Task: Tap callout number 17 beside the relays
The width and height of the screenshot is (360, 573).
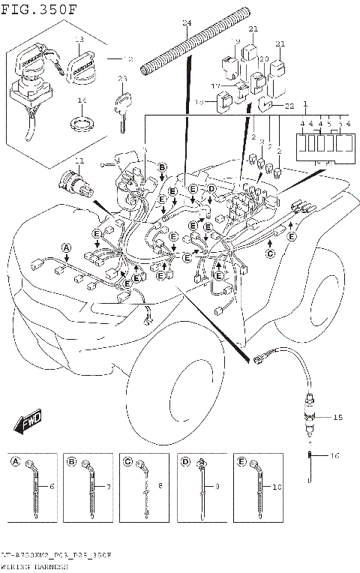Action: click(x=214, y=87)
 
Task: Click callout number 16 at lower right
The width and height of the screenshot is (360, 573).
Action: click(x=335, y=454)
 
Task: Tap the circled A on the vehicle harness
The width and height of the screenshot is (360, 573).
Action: click(x=66, y=247)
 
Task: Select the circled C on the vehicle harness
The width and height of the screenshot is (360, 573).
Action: click(x=270, y=253)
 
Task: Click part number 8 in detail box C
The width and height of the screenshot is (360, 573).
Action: click(x=159, y=486)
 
